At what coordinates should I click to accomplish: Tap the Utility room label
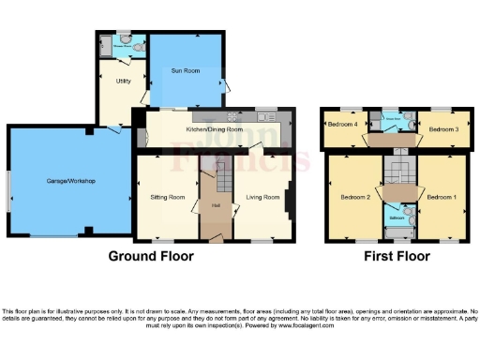122,82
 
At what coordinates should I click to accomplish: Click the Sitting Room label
168,198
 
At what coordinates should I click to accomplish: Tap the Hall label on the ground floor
215,205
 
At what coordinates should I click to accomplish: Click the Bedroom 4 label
341,125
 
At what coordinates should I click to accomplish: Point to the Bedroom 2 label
355,198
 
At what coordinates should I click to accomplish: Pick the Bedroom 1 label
442,198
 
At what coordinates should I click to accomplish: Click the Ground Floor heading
151,256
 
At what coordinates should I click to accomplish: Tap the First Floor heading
397,256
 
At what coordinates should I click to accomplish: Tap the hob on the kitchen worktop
265,117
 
